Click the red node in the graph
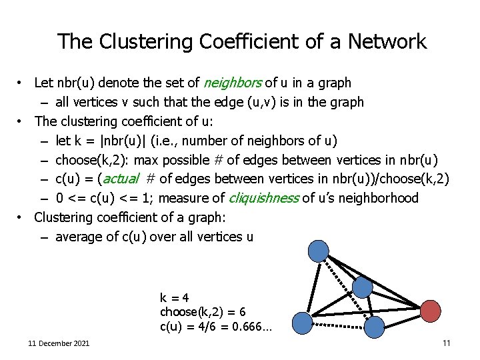pos(431,310)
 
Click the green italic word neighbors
pos(233,83)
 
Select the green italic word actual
pos(121,179)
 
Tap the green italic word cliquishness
pos(264,198)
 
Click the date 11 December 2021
pos(59,343)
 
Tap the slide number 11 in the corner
pos(446,343)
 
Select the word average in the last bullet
pos(76,237)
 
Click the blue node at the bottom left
pos(303,323)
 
